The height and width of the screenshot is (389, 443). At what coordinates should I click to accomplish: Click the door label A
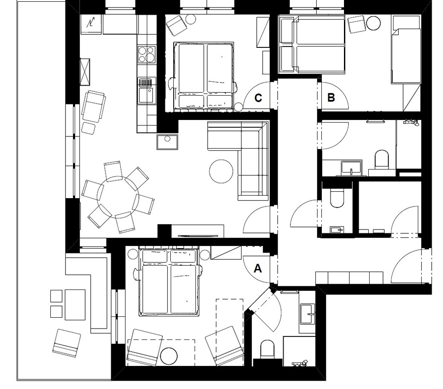click(x=258, y=268)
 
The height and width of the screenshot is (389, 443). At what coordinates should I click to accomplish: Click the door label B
click(x=331, y=97)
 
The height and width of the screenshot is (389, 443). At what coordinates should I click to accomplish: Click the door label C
click(x=258, y=98)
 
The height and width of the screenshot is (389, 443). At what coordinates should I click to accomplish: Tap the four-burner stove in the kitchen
click(x=147, y=54)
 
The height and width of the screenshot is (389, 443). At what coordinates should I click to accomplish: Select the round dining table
click(x=119, y=197)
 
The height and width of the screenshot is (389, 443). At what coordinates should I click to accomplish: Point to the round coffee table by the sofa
click(x=221, y=171)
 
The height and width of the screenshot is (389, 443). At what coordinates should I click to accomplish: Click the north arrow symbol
click(x=91, y=22)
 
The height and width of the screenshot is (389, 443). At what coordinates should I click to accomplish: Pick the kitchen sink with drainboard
click(x=147, y=90)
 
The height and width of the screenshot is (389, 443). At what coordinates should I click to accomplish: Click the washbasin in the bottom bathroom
click(x=307, y=313)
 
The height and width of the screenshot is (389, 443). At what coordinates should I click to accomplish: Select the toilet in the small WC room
click(x=337, y=199)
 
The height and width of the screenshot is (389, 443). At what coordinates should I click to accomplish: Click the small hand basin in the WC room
click(x=337, y=229)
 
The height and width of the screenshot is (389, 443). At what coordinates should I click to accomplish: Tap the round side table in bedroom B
click(x=374, y=23)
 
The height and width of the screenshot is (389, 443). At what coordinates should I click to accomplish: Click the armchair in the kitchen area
click(x=94, y=106)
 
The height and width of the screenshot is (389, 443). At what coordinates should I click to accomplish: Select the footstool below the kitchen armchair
click(x=89, y=128)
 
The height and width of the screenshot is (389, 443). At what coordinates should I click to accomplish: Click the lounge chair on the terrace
click(x=66, y=343)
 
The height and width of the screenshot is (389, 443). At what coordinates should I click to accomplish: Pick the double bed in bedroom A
click(x=169, y=282)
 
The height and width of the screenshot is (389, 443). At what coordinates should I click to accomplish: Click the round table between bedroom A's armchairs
click(x=169, y=356)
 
